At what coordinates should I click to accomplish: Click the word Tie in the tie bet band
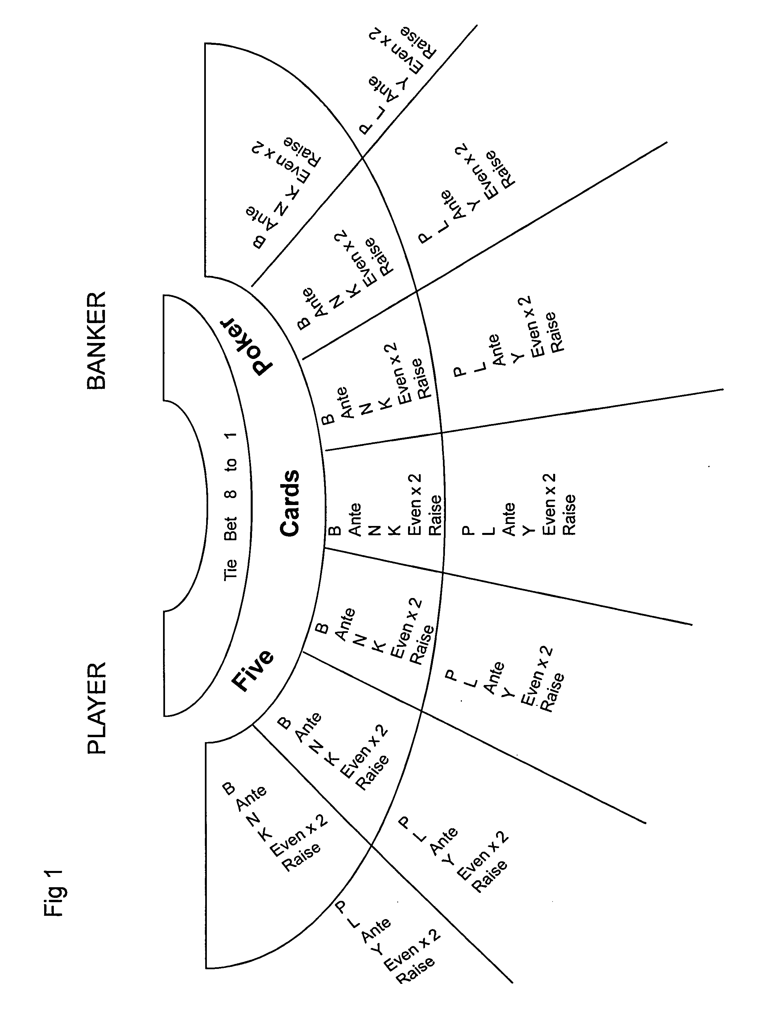tap(230, 569)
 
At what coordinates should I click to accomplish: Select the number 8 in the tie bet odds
tap(230, 493)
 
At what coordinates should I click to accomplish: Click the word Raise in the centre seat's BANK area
tap(435, 516)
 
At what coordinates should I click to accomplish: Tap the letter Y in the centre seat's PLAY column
tap(528, 530)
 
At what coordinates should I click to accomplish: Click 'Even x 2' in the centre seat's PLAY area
tap(549, 505)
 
